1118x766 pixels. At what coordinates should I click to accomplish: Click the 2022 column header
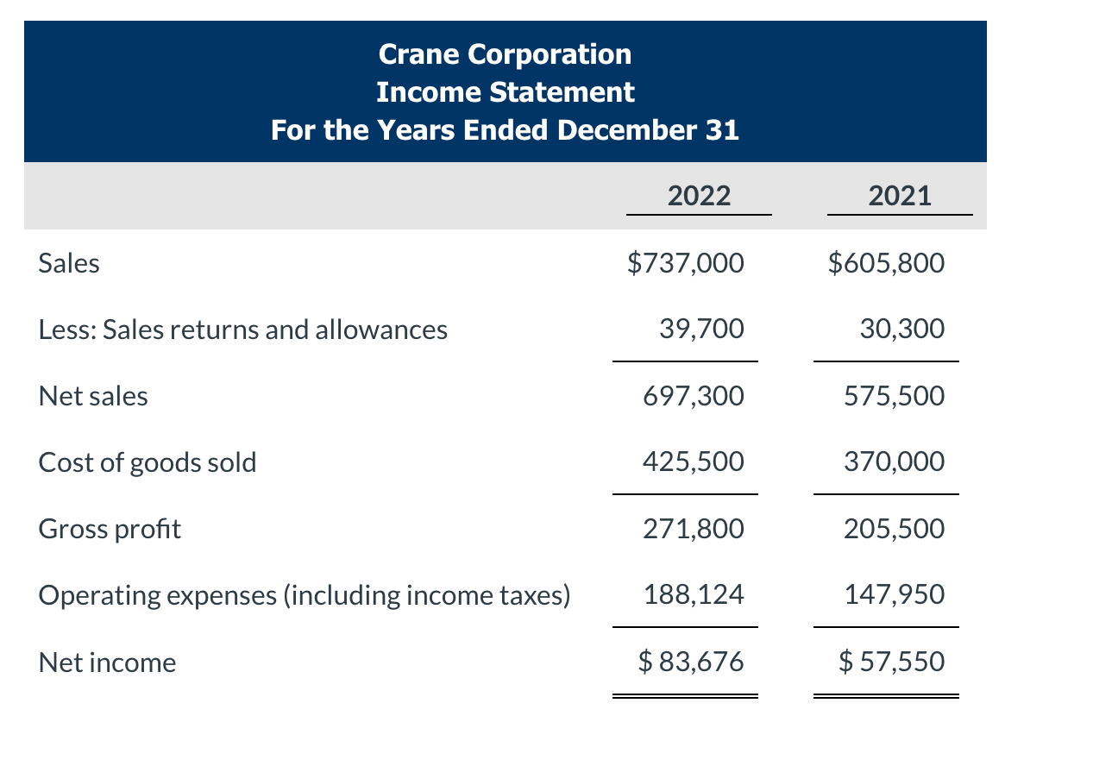click(x=699, y=196)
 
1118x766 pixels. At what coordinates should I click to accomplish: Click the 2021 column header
click(x=900, y=196)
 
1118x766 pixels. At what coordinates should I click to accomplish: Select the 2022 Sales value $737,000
click(x=685, y=262)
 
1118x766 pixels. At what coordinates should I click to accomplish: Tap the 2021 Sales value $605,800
click(x=886, y=262)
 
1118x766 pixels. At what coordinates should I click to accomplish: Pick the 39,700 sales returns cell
click(x=700, y=329)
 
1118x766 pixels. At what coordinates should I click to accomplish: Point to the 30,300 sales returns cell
click(x=901, y=329)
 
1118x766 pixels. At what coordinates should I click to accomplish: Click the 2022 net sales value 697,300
click(x=693, y=396)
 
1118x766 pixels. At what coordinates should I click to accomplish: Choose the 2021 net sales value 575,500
click(x=894, y=396)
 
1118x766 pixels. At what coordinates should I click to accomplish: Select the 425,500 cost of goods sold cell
click(x=693, y=461)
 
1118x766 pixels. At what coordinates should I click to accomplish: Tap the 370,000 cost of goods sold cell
click(x=894, y=461)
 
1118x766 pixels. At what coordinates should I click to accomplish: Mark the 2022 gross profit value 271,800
click(x=693, y=528)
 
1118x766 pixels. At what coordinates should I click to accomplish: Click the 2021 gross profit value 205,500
click(x=894, y=528)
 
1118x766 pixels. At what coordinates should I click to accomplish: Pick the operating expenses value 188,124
click(x=693, y=594)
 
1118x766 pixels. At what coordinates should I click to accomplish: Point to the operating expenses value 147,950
click(x=894, y=594)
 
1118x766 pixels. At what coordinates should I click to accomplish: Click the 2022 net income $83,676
click(x=690, y=662)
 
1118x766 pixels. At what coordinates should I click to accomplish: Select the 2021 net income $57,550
click(x=891, y=662)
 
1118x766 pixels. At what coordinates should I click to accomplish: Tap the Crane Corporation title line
click(x=505, y=54)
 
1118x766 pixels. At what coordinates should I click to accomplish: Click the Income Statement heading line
click(x=505, y=91)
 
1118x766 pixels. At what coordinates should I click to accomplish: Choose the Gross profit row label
click(x=110, y=529)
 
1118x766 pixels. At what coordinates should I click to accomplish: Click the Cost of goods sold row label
click(x=148, y=462)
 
